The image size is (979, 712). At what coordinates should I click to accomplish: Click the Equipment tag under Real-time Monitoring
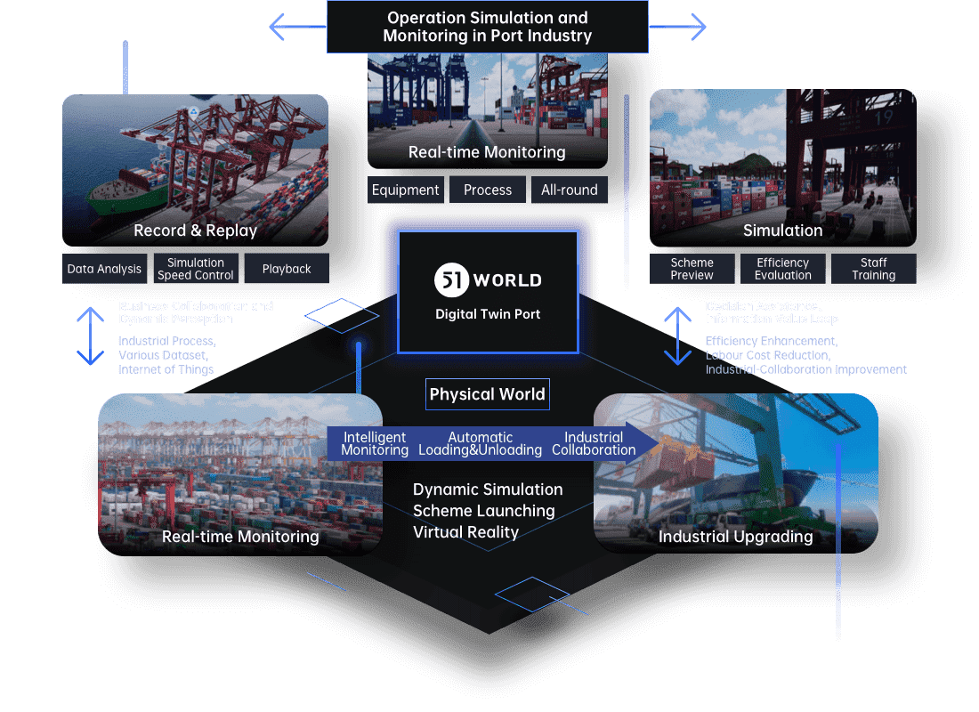click(406, 190)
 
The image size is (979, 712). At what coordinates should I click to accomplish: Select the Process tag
click(488, 190)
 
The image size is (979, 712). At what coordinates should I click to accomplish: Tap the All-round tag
click(570, 190)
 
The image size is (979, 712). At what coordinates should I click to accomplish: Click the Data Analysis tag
click(104, 269)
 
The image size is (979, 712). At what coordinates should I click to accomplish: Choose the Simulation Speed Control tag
click(195, 269)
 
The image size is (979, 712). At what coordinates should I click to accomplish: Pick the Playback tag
click(287, 269)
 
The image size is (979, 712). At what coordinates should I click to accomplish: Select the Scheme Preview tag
click(692, 269)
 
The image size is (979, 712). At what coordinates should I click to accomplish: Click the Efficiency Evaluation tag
click(782, 269)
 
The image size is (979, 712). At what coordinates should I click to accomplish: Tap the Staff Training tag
click(873, 269)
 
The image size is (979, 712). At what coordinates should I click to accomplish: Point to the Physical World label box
click(487, 394)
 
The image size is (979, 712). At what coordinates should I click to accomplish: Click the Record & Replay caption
click(195, 231)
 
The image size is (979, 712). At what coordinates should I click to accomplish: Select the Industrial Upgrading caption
click(735, 537)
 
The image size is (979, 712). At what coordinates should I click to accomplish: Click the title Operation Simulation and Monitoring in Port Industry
click(487, 27)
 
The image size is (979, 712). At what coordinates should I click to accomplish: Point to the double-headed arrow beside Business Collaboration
click(91, 336)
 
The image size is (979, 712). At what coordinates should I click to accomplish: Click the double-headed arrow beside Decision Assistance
click(678, 336)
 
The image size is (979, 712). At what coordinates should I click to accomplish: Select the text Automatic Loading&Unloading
click(481, 443)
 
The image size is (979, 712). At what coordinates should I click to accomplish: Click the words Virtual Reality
click(465, 532)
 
